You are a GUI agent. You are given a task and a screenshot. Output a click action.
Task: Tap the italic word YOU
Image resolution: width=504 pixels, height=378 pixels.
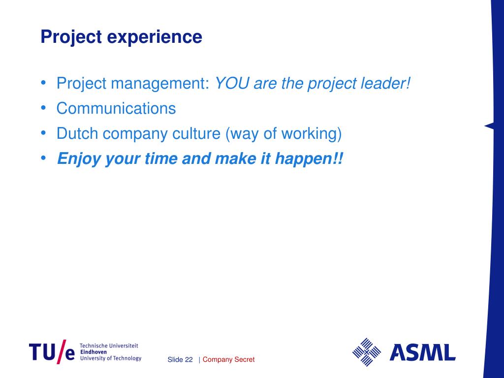(232, 83)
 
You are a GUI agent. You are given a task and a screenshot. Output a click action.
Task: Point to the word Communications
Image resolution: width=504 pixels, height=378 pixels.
(116, 108)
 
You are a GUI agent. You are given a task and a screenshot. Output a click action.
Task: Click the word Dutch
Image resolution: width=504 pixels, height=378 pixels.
(77, 133)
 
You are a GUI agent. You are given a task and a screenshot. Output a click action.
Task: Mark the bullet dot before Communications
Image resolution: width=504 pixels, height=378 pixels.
(43, 108)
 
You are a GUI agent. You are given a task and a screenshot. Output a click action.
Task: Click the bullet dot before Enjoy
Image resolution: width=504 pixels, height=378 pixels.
(43, 158)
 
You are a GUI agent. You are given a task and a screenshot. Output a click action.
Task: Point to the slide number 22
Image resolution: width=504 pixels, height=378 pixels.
(189, 360)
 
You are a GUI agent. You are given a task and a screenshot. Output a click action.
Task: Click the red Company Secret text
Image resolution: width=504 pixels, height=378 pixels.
(228, 360)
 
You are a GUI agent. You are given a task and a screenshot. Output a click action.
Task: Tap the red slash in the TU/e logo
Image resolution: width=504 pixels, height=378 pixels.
(61, 351)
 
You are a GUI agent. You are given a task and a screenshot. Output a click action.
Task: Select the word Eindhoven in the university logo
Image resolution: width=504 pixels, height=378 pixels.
(93, 352)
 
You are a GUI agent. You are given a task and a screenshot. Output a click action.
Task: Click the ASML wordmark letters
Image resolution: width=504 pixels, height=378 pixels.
(422, 352)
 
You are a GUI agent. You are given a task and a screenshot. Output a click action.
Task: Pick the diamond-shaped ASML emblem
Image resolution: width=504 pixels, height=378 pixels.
(366, 352)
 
